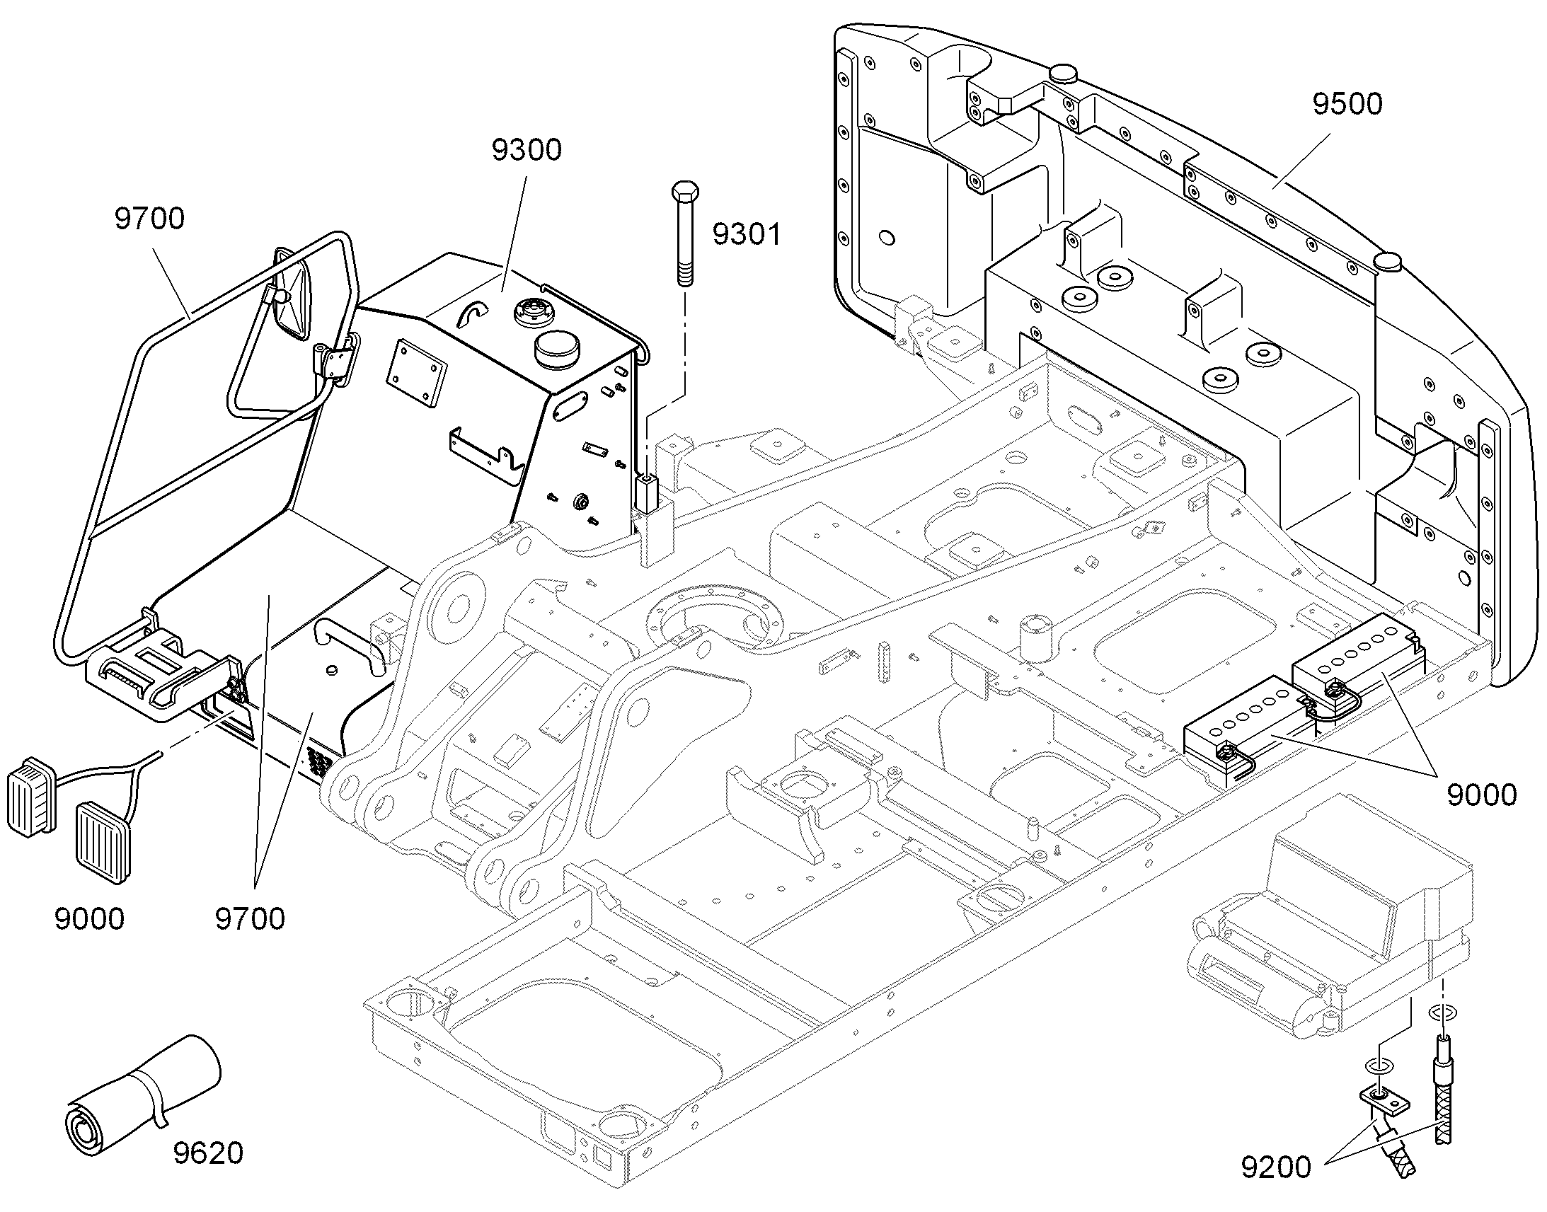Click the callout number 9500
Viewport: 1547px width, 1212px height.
click(1347, 104)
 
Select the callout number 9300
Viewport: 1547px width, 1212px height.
click(527, 150)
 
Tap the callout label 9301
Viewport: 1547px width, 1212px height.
click(747, 234)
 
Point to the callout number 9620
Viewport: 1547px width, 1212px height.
click(208, 1153)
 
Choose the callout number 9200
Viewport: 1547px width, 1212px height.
click(1276, 1167)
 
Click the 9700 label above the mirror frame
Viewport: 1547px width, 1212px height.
click(150, 219)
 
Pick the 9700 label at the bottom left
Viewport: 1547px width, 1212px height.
click(250, 919)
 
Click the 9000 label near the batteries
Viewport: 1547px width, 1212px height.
click(1482, 795)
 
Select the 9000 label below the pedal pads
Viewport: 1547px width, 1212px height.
click(89, 919)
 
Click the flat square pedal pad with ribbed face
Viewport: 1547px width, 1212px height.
click(104, 843)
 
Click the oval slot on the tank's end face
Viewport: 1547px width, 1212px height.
click(570, 410)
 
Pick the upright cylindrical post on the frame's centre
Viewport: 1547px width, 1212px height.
click(1035, 638)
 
